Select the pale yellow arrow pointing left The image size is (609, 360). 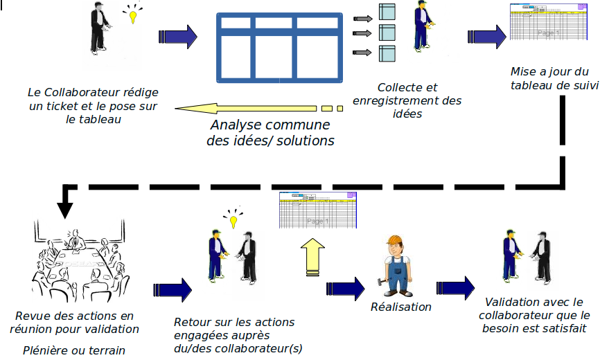[249, 108]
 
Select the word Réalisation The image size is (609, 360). [401, 307]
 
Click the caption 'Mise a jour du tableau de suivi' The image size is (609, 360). [549, 78]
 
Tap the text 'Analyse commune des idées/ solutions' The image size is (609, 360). [270, 133]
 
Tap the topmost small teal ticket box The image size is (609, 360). [387, 12]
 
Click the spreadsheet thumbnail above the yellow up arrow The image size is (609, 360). [318, 210]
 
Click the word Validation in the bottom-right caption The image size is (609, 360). [511, 302]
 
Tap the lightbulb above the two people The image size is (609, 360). [233, 220]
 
